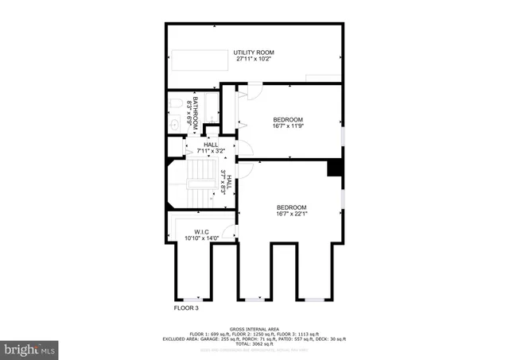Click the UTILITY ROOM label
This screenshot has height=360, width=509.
[254, 52]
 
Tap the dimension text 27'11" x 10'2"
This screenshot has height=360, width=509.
[254, 60]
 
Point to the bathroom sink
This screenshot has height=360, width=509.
[175, 123]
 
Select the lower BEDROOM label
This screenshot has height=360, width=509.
[291, 207]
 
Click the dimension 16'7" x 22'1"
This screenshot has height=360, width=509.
[291, 214]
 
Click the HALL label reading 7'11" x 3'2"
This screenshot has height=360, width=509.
[211, 147]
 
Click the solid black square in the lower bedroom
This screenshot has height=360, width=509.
[335, 168]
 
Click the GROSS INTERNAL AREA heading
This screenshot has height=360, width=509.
[254, 328]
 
